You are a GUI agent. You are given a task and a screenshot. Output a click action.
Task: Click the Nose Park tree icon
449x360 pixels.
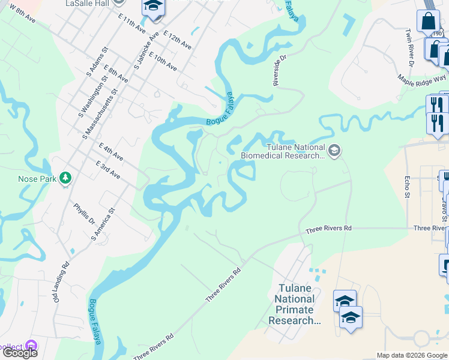point(65,178)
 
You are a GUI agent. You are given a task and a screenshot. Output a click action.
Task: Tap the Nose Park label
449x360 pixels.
point(37,178)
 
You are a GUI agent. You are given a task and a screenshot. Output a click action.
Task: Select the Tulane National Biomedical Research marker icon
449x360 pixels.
point(335,151)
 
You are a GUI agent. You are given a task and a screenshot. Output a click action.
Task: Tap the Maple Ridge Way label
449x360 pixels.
point(422,79)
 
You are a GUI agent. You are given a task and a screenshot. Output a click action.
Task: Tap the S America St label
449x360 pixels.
point(102,225)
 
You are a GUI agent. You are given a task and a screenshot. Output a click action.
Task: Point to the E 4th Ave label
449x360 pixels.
point(111,152)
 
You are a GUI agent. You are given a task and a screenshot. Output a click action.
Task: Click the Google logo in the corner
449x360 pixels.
point(19,353)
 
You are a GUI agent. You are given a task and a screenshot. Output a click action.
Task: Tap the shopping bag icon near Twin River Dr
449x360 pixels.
point(428,20)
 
